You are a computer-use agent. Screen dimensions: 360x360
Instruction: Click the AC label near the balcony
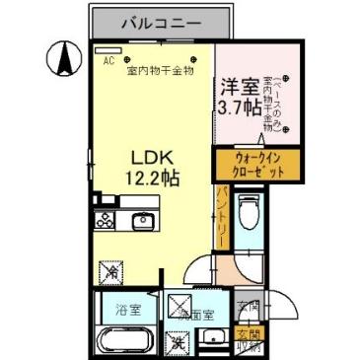[108, 59]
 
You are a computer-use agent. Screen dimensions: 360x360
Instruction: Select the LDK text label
[152, 157]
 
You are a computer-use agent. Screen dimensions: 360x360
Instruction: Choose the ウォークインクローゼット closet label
[253, 164]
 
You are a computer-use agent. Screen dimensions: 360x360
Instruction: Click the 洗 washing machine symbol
[178, 343]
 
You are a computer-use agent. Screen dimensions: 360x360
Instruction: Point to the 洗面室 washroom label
[203, 315]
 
